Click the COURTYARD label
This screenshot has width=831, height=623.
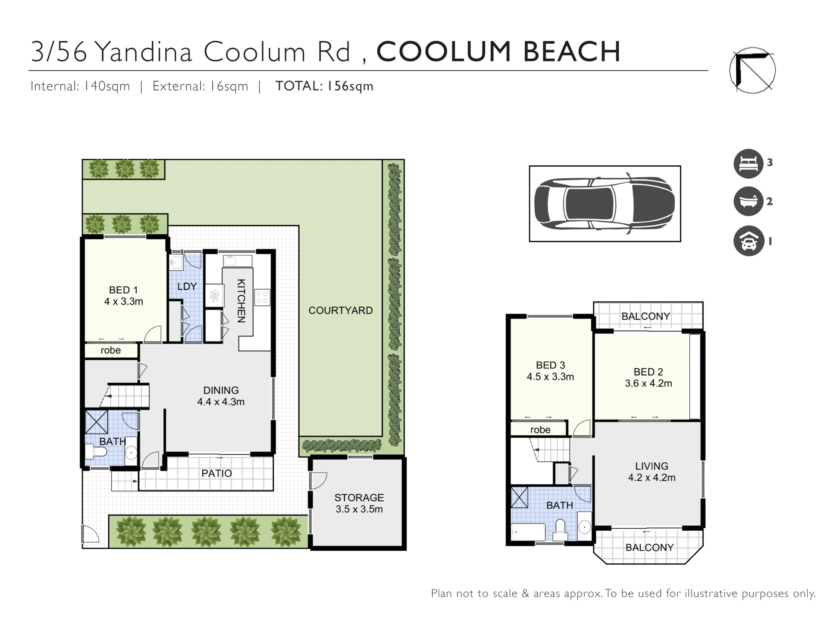coord(340,310)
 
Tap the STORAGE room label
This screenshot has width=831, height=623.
coord(359,498)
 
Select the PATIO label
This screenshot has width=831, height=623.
coord(216,473)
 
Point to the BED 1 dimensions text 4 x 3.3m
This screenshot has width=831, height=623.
coord(123,302)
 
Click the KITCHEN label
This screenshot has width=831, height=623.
coord(241,301)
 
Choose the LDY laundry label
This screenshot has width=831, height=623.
coord(187,286)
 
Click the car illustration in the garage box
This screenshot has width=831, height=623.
coord(605,204)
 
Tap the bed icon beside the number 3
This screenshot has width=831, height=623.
coord(748,164)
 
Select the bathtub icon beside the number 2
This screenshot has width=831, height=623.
coord(748,201)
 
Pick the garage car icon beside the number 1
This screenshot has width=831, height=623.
coord(748,241)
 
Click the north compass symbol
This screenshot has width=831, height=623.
coord(752,70)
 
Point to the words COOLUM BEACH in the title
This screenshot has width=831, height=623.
coord(498,52)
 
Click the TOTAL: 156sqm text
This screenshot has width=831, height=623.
coord(325,86)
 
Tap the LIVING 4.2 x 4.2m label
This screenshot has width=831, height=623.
coord(652,472)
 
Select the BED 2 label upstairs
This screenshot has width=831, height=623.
coord(648,372)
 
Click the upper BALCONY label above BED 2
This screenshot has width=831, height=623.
coord(646,316)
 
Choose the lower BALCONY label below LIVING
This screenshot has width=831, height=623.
coord(649,547)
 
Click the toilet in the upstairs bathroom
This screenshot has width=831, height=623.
coord(561,529)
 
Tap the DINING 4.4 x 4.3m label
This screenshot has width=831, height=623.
coord(221,396)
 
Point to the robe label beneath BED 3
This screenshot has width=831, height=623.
coord(540,430)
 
